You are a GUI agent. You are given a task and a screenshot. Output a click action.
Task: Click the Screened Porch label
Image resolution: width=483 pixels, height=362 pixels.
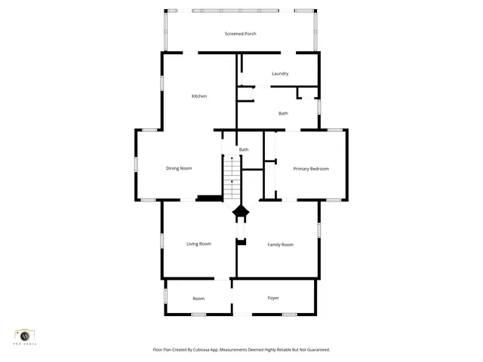[241, 34]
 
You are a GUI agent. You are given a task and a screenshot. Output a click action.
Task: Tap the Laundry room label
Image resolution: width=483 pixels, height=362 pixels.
[280, 73]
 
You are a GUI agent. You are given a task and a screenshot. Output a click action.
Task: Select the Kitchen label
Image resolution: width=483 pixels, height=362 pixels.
[199, 96]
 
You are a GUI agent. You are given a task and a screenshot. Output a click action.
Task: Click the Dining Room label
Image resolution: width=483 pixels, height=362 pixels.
[179, 168]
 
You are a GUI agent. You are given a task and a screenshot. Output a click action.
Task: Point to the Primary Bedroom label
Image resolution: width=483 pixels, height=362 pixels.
[311, 168]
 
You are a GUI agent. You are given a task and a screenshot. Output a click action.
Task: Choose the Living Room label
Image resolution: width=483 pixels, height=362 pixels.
[198, 244]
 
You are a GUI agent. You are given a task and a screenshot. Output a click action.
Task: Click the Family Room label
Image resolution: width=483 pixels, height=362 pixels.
[280, 244]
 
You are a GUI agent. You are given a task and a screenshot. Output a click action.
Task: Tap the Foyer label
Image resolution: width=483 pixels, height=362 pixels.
[273, 298]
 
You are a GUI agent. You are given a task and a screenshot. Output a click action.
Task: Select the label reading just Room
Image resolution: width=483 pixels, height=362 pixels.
[198, 299]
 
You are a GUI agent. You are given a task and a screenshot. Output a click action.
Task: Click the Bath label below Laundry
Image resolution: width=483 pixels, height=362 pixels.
[283, 113]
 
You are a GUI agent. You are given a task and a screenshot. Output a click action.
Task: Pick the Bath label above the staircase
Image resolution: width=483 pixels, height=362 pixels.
[244, 150]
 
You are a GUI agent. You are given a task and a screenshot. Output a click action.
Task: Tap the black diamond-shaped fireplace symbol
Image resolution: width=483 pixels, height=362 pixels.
[240, 211]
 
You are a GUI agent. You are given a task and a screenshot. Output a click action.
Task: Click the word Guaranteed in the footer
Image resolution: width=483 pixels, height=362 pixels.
[315, 349]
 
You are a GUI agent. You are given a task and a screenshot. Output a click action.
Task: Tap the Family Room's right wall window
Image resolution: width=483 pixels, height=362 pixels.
[318, 229]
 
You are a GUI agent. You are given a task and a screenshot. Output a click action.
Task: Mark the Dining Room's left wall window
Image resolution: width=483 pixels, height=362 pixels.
[137, 164]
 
